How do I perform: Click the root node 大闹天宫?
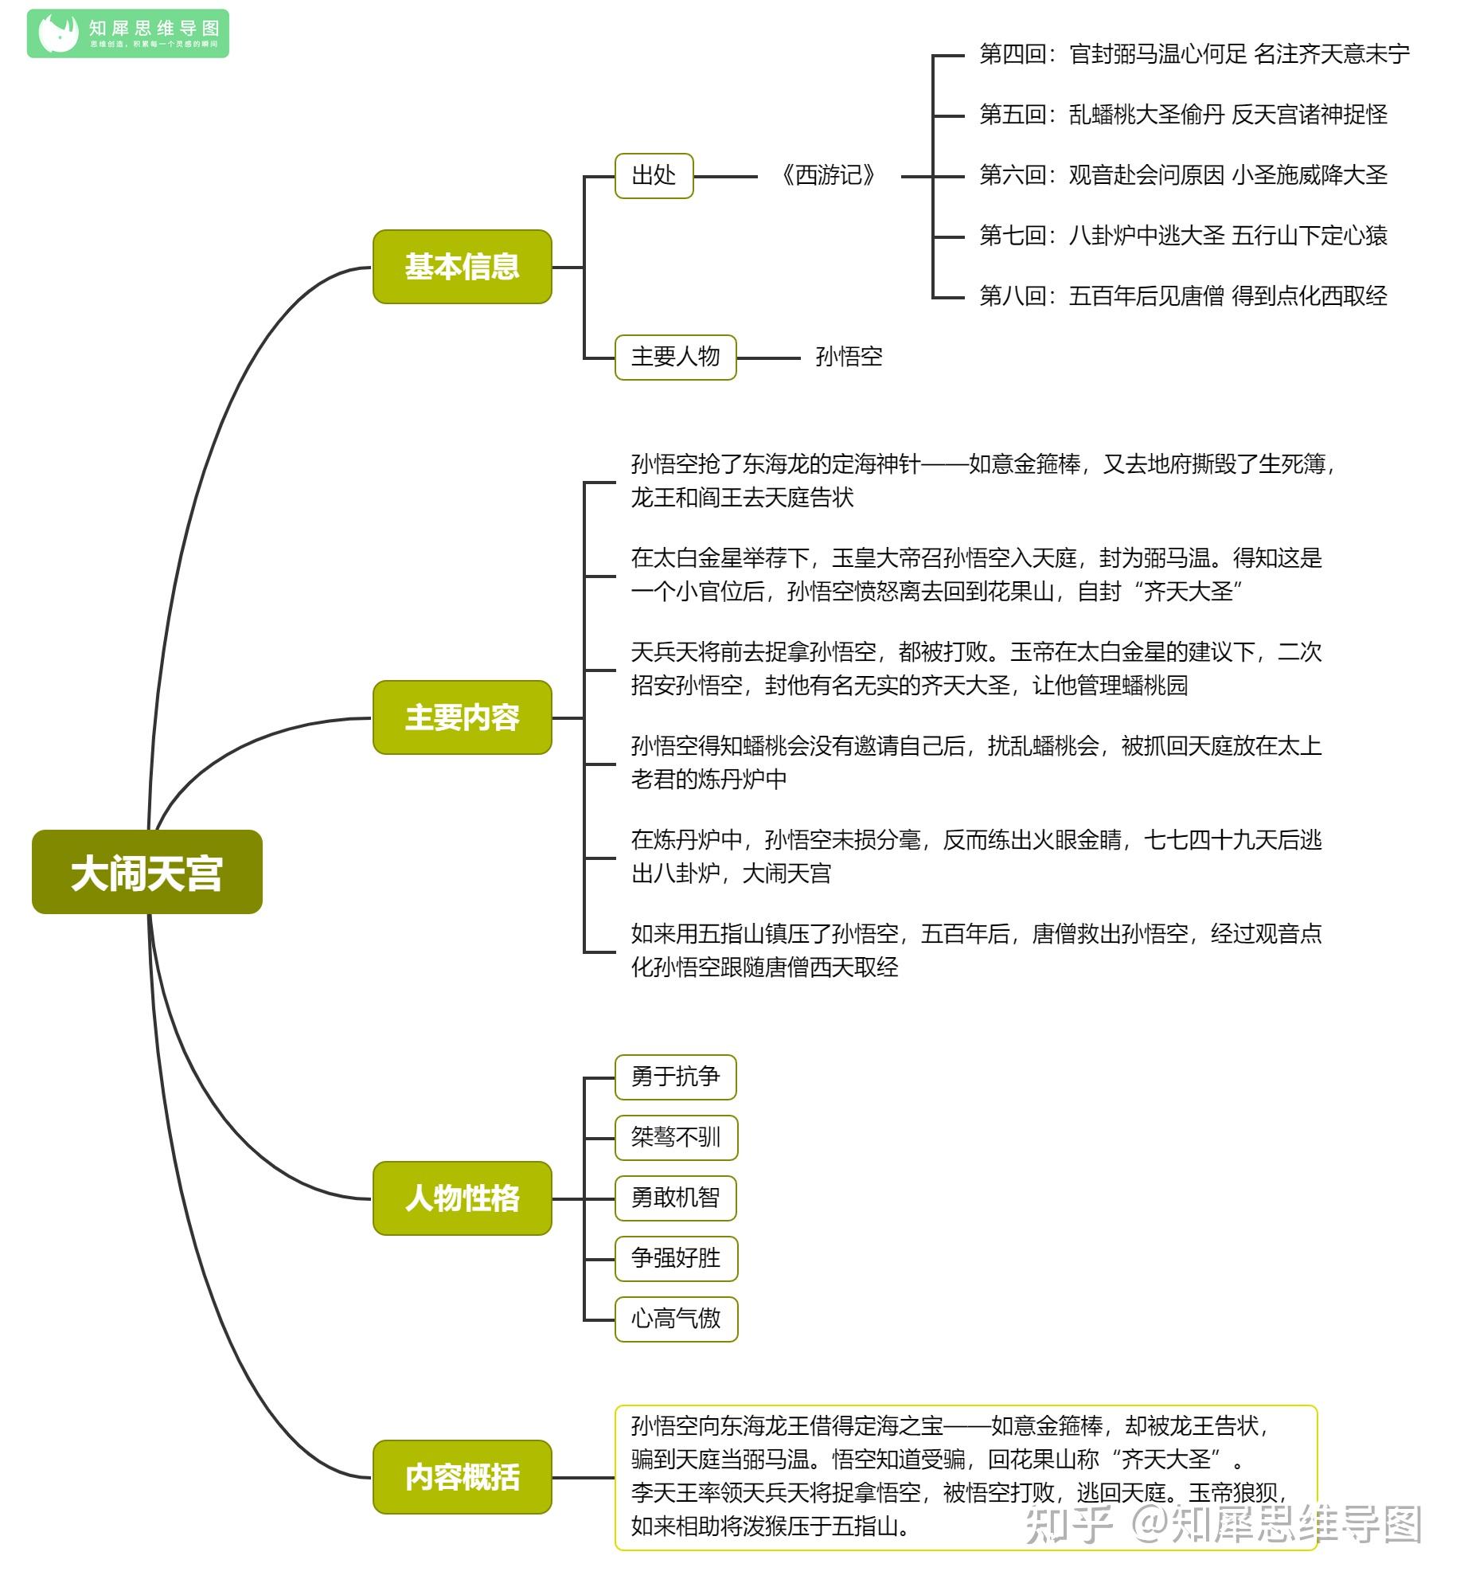(146, 872)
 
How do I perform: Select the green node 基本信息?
(462, 267)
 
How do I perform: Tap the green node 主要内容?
(462, 717)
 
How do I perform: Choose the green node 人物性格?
(462, 1198)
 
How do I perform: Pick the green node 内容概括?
(462, 1476)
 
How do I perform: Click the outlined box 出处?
(654, 176)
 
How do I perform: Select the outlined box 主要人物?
(675, 358)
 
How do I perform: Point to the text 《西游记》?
(828, 176)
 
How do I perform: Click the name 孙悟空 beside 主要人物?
(849, 358)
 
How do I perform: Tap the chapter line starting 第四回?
(1194, 54)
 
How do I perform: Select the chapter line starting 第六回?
(1183, 175)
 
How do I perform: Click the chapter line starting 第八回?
(1183, 296)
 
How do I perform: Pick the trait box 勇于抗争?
(675, 1077)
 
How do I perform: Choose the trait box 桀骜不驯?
(675, 1137)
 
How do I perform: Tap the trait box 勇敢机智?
(675, 1198)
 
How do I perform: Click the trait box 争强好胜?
(675, 1258)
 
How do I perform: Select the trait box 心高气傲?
(675, 1319)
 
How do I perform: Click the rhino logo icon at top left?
(59, 33)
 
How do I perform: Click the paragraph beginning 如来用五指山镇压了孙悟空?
(975, 951)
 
